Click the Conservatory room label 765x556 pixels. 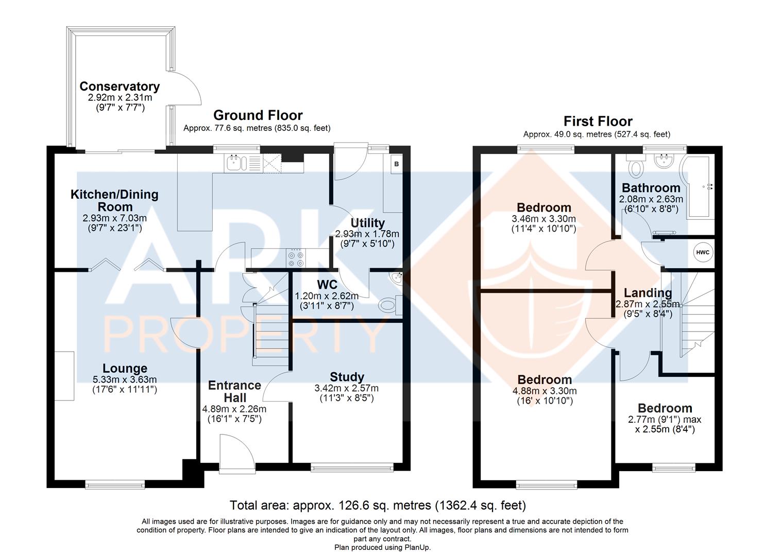point(120,86)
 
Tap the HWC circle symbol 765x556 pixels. point(703,252)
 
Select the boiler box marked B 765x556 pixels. point(397,164)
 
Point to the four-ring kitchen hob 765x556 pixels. point(296,258)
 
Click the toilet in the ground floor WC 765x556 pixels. point(390,304)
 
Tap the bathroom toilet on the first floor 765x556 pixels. point(635,166)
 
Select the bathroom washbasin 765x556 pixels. point(664,161)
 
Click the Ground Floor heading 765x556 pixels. point(258,115)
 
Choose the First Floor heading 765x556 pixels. point(598,121)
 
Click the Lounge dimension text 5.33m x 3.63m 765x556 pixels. point(125,379)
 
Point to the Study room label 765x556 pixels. point(347,377)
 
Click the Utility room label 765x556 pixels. point(367,223)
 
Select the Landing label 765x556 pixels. point(648,293)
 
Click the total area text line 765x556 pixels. point(378,505)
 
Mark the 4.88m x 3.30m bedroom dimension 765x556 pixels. point(545,391)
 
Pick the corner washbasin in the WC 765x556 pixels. point(397,278)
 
